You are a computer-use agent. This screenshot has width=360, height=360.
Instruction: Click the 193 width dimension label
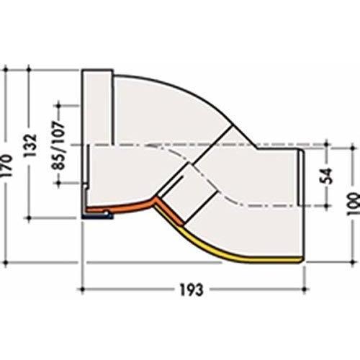coord(192,289)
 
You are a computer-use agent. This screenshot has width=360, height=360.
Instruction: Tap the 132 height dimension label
coord(30,145)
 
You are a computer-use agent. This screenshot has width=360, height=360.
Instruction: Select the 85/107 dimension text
coord(58,145)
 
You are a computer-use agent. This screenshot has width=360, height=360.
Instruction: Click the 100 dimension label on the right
coord(354,204)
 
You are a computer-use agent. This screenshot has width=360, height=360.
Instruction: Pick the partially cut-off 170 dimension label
coord(5,166)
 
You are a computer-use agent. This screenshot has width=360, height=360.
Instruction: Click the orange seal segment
coord(135,208)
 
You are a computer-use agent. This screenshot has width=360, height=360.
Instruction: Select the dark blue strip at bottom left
coord(97,216)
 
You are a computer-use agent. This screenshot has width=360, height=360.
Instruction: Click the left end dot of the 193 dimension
coord(82,289)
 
